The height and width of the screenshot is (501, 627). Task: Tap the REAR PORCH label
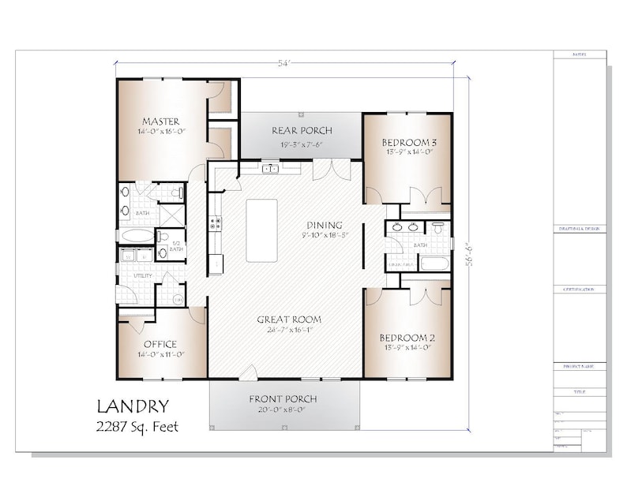point(302,130)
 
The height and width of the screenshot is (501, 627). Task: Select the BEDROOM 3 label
point(407,142)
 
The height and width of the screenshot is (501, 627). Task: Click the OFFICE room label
point(160,344)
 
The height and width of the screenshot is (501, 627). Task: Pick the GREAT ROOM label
point(289,320)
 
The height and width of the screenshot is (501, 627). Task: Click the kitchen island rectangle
point(262,230)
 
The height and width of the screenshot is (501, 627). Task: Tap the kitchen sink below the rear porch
point(271,168)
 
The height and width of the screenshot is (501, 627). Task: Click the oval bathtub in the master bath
point(135,235)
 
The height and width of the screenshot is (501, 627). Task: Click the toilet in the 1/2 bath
point(163,253)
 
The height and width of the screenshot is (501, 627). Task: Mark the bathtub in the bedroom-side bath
point(434,263)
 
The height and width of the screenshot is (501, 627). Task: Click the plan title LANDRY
point(132,407)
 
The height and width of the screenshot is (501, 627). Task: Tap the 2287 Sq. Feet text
point(137,427)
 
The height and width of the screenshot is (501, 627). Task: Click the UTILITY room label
point(143,276)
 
